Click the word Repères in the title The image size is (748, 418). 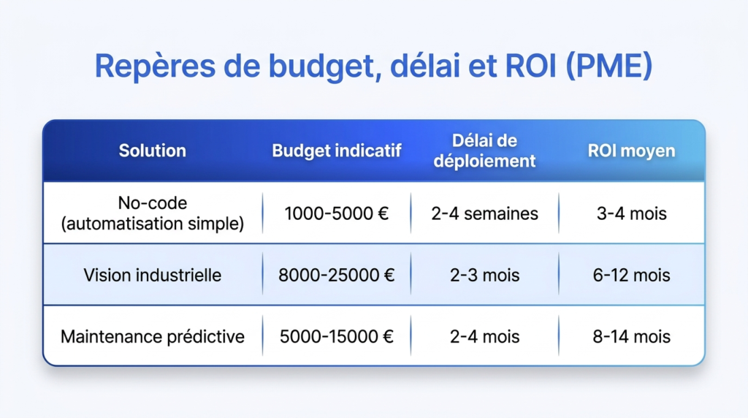pyautogui.click(x=155, y=66)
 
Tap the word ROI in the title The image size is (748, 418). pyautogui.click(x=530, y=65)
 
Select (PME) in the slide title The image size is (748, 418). pyautogui.click(x=608, y=66)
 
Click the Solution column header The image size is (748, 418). pyautogui.click(x=152, y=151)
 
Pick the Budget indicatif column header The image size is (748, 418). pyautogui.click(x=337, y=151)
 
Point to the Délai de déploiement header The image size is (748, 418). pyautogui.click(x=485, y=151)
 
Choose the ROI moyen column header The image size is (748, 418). pyautogui.click(x=632, y=151)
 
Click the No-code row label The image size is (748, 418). pyautogui.click(x=152, y=213)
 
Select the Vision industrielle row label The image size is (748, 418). pyautogui.click(x=152, y=275)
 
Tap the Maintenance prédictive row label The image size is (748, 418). pyautogui.click(x=152, y=336)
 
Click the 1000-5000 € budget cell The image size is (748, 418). pyautogui.click(x=336, y=213)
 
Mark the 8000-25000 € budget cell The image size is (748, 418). pyautogui.click(x=336, y=275)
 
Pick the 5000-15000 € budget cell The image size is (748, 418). pyautogui.click(x=336, y=336)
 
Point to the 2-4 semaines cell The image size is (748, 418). pyautogui.click(x=485, y=213)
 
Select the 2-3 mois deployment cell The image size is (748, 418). pyautogui.click(x=485, y=275)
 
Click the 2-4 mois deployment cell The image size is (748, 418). pyautogui.click(x=485, y=336)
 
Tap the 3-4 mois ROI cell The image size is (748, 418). pyautogui.click(x=632, y=213)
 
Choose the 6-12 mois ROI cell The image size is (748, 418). pyautogui.click(x=632, y=275)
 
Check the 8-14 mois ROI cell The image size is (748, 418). pyautogui.click(x=632, y=336)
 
